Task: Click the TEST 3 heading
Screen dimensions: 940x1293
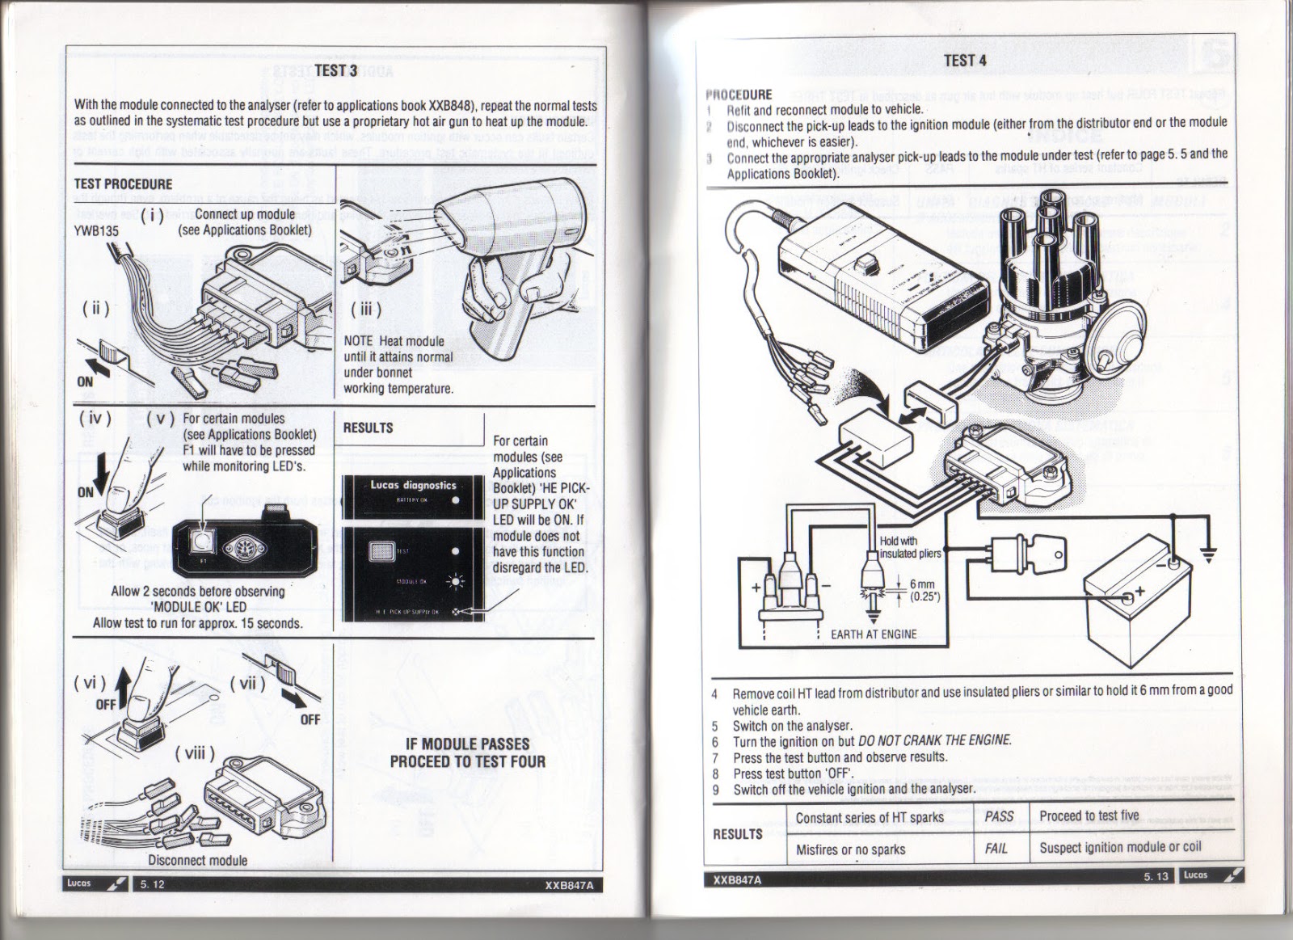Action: (335, 70)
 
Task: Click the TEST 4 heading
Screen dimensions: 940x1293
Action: (965, 60)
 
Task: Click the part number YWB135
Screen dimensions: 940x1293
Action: (96, 230)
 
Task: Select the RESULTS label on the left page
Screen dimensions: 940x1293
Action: (368, 428)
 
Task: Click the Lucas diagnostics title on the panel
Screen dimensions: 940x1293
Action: (413, 486)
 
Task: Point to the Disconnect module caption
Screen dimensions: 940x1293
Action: (197, 860)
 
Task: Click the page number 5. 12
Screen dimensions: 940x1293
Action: (152, 884)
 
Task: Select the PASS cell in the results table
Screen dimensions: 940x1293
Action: (999, 816)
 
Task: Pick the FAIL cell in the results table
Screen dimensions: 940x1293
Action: (996, 848)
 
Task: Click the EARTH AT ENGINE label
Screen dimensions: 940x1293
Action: (874, 634)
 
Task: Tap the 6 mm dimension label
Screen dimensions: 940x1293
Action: (921, 584)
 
